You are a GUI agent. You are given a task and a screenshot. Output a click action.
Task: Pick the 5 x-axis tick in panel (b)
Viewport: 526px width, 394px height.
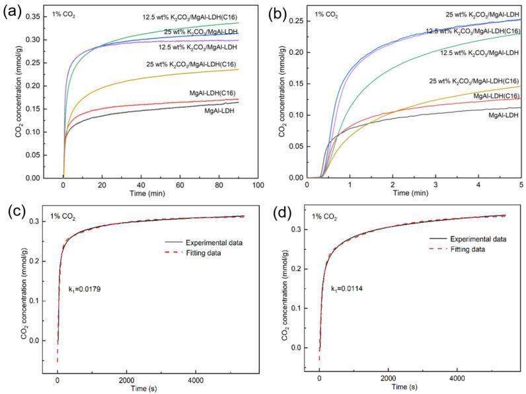521,186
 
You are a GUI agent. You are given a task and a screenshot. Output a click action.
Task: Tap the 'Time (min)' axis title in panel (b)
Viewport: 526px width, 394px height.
414,195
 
